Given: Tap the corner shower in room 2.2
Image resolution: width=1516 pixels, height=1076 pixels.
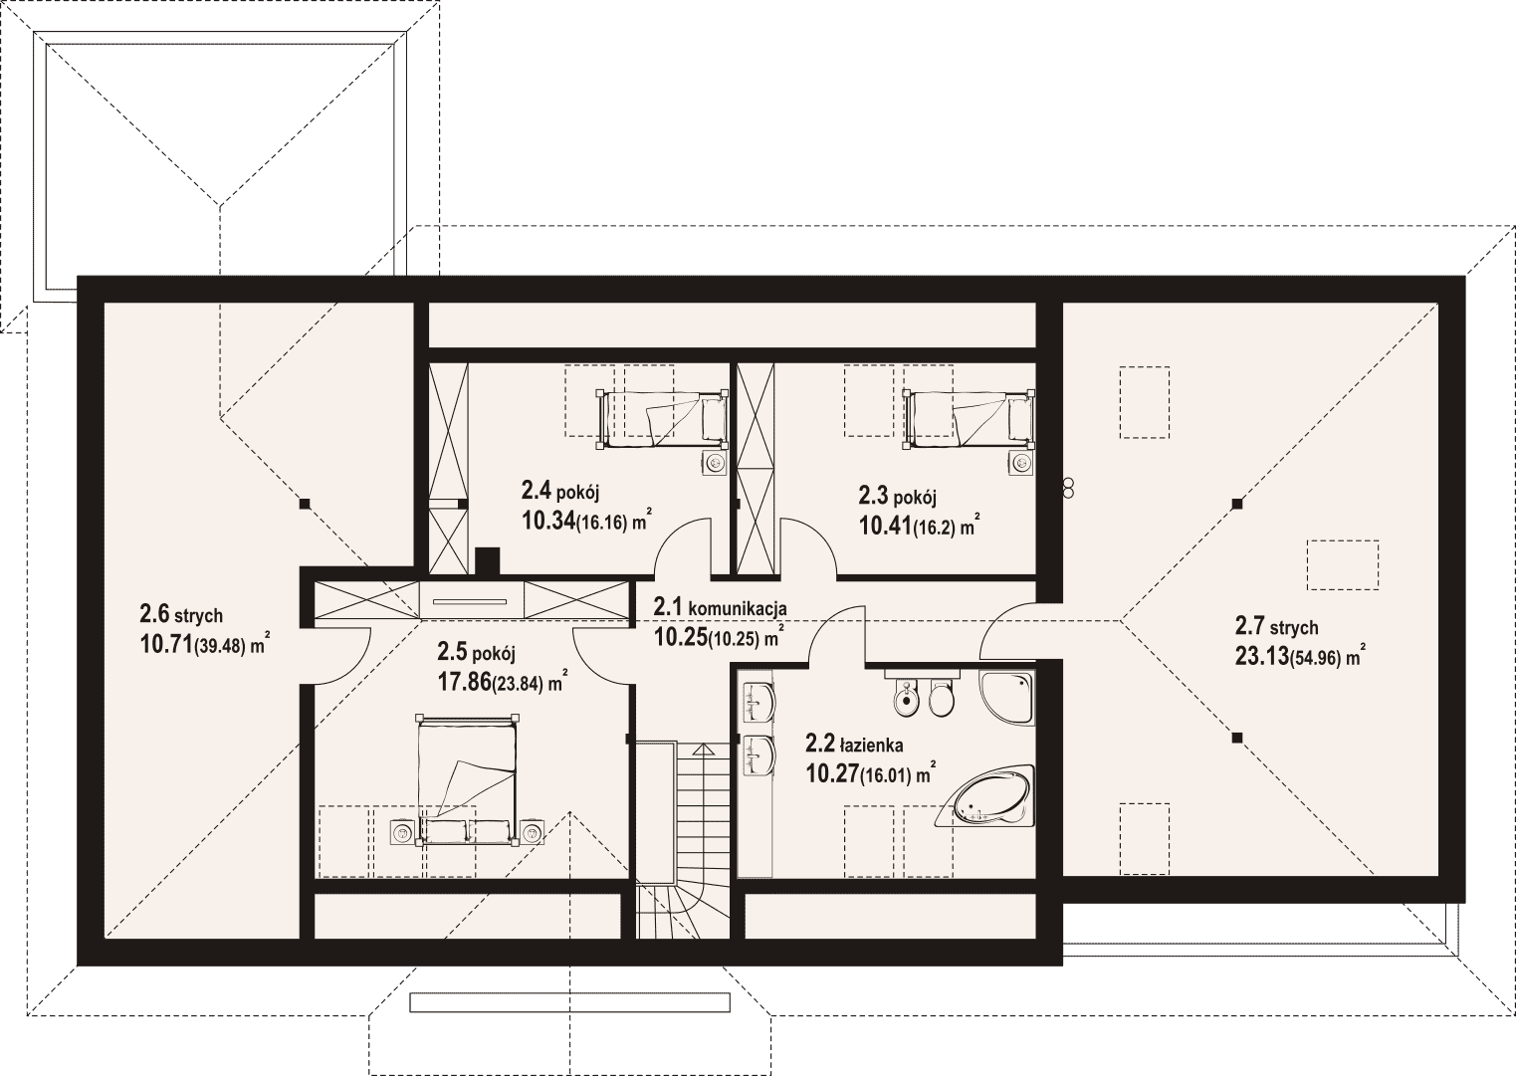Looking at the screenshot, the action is [x=1006, y=698].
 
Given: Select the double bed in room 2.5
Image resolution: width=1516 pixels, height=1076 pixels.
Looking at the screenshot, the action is [x=467, y=780].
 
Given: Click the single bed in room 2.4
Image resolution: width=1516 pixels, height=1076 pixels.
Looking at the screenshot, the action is [x=661, y=420].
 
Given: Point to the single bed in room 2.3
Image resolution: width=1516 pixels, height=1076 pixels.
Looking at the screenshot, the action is [x=969, y=420].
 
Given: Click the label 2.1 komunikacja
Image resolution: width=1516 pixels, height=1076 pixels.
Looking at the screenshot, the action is [x=720, y=607].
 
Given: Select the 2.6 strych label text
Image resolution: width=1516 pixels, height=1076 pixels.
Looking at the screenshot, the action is [x=181, y=614].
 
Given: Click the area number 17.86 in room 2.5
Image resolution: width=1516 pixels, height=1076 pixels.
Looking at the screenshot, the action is [x=464, y=682].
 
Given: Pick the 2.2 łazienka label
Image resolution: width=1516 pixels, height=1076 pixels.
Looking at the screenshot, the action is [x=854, y=746].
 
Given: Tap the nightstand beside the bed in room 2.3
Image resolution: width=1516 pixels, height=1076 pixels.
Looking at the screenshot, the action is [x=1020, y=463].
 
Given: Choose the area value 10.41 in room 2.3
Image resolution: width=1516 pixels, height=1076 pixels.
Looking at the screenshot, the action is [x=885, y=526].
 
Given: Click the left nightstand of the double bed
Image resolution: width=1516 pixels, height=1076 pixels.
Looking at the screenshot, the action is [x=403, y=832].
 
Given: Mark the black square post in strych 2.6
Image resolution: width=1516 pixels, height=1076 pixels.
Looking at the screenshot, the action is [x=305, y=504].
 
